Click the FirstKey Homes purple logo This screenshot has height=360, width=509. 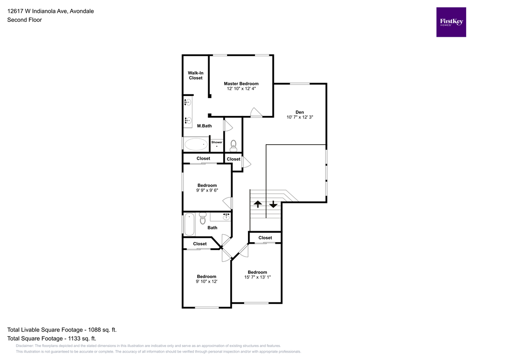point(451,22)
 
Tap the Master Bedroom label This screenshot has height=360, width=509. point(241,84)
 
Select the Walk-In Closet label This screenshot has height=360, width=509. point(195,75)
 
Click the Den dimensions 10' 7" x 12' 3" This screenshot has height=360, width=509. point(299,117)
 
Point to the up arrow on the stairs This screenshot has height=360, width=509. point(258,204)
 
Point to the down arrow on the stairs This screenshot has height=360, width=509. point(273,204)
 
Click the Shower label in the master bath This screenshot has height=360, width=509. point(217,142)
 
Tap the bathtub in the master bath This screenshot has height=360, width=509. point(196,144)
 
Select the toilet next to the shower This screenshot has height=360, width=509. point(234,145)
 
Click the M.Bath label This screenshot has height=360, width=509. point(204,126)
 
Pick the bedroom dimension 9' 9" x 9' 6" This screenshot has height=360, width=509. point(207,190)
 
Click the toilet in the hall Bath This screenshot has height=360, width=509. point(202,219)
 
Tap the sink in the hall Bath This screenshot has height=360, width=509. point(226,217)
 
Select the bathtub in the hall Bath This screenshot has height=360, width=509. point(189,224)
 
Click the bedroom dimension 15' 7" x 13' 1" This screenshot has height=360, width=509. point(257,277)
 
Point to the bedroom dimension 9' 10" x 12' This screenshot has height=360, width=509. point(206,281)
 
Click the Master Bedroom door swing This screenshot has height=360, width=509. point(255,112)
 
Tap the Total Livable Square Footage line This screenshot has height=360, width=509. point(62,330)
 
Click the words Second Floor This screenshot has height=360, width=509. point(24,20)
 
